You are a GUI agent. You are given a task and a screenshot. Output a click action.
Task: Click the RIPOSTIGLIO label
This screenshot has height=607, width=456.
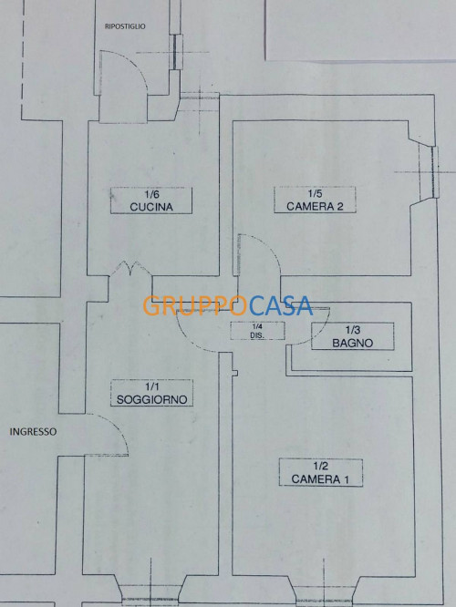coord(125,26)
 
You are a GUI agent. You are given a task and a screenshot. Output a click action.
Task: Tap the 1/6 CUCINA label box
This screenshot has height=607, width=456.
coord(151,201)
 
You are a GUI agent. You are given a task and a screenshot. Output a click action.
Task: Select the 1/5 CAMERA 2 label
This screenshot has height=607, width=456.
coord(315,200)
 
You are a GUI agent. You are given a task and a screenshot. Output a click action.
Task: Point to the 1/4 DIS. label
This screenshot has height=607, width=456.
coord(257,331)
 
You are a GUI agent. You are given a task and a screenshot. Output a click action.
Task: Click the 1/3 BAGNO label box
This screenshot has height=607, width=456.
coord(353,336)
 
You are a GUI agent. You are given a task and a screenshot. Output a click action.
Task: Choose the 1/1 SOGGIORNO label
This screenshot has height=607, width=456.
coord(151,393)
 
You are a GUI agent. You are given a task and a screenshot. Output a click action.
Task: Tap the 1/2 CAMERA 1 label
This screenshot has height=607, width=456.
coord(321,473)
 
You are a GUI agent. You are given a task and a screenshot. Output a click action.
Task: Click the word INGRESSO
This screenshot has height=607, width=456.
coord(33,432)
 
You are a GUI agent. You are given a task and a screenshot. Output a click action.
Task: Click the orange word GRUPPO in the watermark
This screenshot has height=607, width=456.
coord(195,306)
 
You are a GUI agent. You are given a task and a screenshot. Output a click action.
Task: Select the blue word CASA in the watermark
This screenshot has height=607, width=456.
coord(281,306)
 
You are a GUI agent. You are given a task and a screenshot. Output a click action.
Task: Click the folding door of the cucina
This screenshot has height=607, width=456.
coord(130,268)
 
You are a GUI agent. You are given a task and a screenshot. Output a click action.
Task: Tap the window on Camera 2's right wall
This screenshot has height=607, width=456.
coord(430,171)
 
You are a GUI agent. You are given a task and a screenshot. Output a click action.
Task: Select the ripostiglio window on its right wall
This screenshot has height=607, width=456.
coord(176,52)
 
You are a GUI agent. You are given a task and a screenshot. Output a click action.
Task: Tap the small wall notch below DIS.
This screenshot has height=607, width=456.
coord(234,373)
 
